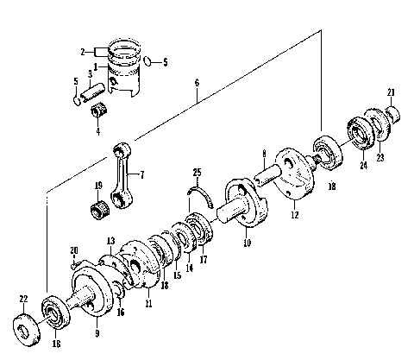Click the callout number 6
(197, 83)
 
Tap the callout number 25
(197, 173)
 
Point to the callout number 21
(391, 92)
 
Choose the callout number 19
(98, 185)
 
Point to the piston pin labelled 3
(96, 88)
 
